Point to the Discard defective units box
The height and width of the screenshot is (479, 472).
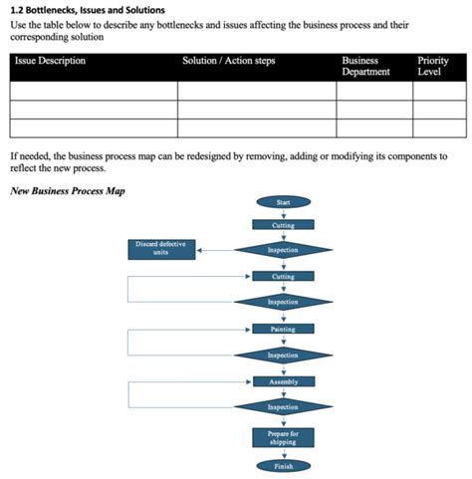tap(161, 249)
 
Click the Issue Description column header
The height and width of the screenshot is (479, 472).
tap(50, 61)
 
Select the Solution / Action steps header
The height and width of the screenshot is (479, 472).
tap(229, 61)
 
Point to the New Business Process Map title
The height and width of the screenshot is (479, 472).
tap(67, 190)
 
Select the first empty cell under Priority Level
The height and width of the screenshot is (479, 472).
tap(439, 91)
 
